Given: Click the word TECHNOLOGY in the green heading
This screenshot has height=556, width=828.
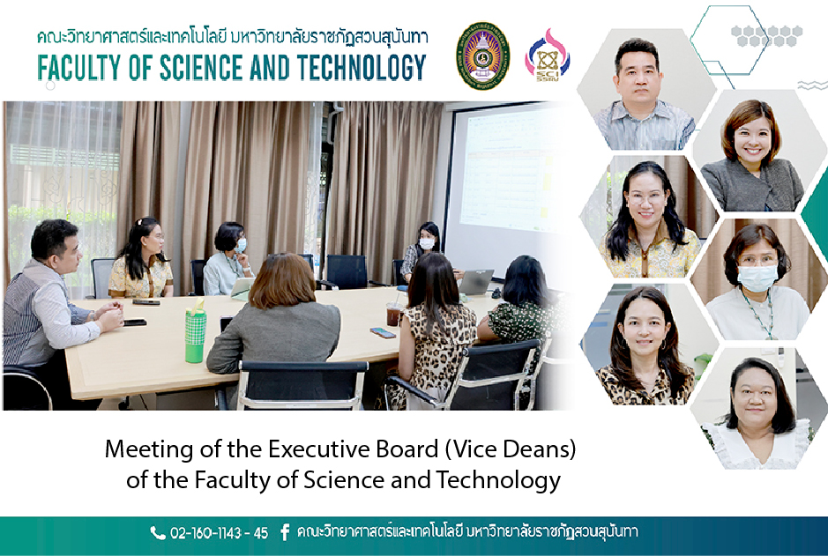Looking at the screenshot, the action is (x=362, y=68).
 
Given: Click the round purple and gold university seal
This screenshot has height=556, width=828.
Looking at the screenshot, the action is (x=482, y=56).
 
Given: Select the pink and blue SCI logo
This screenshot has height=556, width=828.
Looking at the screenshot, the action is (x=547, y=56).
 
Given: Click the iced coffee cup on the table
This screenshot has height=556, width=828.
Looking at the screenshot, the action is (x=393, y=315).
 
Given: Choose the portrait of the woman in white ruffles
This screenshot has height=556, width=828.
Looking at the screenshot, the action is (x=758, y=409).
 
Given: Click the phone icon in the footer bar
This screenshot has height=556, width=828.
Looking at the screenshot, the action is (x=157, y=533).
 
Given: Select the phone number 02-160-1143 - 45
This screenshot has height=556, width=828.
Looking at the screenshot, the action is (x=220, y=533).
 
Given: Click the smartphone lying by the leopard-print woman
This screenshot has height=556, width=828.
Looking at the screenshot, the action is (x=383, y=333).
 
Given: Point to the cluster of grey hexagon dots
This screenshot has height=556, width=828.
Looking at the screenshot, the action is (x=767, y=36).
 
